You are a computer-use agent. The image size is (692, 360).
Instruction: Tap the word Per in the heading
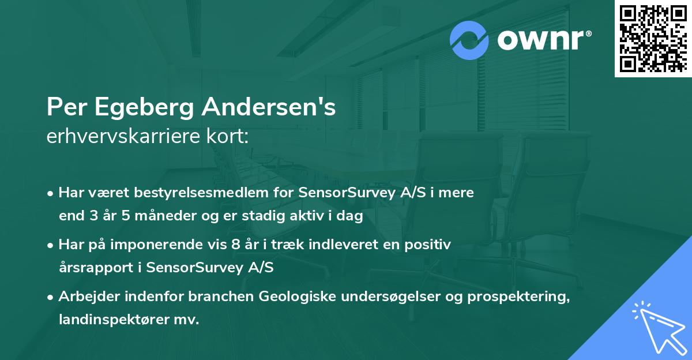(x=63, y=108)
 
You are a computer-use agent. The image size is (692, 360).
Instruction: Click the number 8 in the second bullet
(x=235, y=244)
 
